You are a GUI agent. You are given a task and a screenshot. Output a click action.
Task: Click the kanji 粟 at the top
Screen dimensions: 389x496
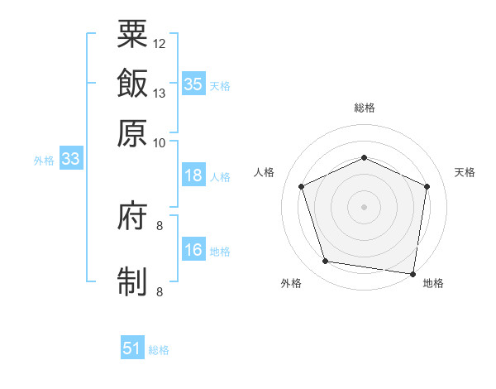tap(132, 34)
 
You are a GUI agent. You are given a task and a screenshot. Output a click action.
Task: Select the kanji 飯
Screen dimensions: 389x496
tap(132, 84)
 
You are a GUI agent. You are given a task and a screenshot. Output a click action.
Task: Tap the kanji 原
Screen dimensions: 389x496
tap(132, 133)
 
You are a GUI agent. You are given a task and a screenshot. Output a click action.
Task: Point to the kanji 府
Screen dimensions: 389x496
tap(132, 217)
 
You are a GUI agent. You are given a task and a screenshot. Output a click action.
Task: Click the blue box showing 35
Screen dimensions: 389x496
tap(193, 84)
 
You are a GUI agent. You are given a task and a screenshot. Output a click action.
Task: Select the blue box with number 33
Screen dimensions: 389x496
tap(69, 160)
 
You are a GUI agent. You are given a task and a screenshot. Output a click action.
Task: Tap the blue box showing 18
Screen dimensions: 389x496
tap(193, 175)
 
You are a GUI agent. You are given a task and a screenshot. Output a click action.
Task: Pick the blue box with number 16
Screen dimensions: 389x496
tap(193, 250)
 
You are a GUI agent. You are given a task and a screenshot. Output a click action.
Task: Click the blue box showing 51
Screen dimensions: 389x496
tap(132, 348)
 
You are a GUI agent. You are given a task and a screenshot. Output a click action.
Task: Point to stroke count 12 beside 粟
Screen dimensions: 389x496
tap(160, 43)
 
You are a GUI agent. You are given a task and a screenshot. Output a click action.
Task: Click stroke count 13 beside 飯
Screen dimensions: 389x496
tap(160, 93)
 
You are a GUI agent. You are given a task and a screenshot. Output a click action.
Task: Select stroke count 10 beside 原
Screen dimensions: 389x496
tap(160, 142)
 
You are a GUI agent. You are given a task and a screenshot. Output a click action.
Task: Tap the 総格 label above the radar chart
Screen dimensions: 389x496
tap(364, 108)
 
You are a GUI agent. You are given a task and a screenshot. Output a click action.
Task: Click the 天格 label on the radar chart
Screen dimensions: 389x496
tap(465, 172)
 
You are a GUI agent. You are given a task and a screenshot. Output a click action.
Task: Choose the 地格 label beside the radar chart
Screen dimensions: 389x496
tap(433, 283)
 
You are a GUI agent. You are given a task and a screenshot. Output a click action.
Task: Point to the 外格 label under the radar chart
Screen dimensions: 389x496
tap(291, 283)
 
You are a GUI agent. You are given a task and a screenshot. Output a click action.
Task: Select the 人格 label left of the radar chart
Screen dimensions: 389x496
tap(264, 172)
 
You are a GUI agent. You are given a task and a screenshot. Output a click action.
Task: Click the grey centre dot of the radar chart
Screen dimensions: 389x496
tap(364, 206)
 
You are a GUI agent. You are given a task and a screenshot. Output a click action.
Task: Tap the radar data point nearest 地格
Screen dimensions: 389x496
tap(414, 273)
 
